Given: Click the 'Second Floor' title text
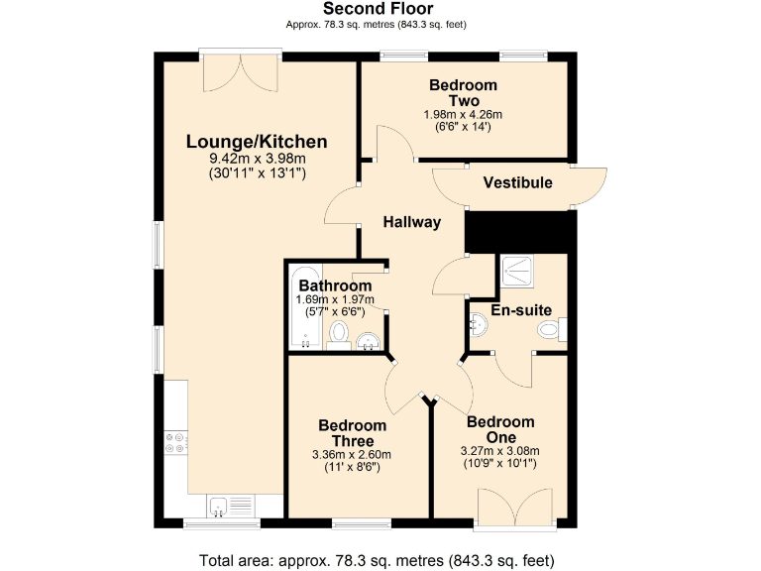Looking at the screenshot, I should [378, 9].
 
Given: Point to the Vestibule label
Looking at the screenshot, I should [517, 182].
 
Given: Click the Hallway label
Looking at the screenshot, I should [412, 222].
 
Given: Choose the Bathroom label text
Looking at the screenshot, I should [335, 286].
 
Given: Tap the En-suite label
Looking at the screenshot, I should [521, 310].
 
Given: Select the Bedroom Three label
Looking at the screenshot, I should [352, 433].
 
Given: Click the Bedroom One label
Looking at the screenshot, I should [500, 429].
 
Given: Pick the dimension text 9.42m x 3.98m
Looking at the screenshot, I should [257, 159].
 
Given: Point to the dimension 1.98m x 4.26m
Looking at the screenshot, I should [463, 114].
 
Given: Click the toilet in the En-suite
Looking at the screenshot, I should [548, 330].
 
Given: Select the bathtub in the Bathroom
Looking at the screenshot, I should [303, 307].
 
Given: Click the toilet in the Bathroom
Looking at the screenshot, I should [338, 333].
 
